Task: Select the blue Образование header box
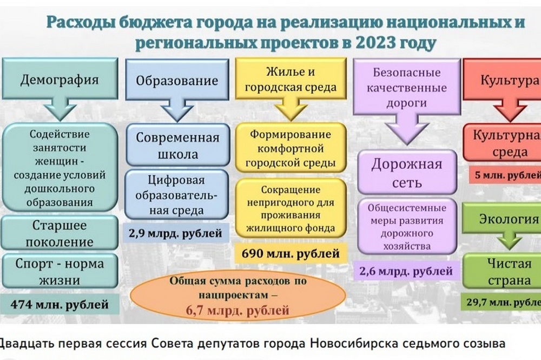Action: pyautogui.click(x=177, y=81)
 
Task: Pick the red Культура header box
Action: pyautogui.click(x=503, y=81)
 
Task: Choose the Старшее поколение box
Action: pyautogui.click(x=59, y=233)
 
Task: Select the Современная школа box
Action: pyautogui.click(x=177, y=146)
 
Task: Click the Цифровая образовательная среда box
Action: pyautogui.click(x=177, y=195)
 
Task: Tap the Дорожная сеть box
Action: pyautogui.click(x=406, y=172)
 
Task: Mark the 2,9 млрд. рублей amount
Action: pyautogui.click(x=175, y=233)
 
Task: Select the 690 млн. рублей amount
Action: pyautogui.click(x=291, y=253)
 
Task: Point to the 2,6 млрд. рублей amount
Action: pyautogui.click(x=406, y=269)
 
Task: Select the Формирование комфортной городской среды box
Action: pyautogui.click(x=291, y=148)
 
